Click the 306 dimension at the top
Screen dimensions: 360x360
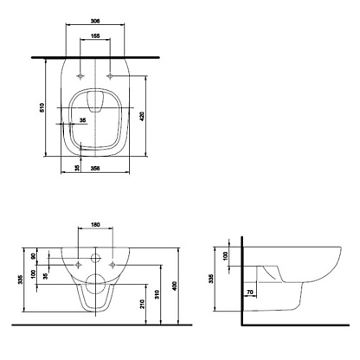coord(95,21)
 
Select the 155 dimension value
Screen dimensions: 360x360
coord(95,35)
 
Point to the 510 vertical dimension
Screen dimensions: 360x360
coord(42,107)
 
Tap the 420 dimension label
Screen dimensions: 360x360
coord(142,116)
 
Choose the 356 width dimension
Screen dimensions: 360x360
coord(95,168)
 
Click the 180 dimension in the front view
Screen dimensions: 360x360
coord(95,224)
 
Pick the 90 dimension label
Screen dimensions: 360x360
coord(33,256)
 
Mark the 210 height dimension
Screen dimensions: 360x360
coord(142,304)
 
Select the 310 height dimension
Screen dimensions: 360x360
coord(157,294)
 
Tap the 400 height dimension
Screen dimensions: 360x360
coord(174,286)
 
